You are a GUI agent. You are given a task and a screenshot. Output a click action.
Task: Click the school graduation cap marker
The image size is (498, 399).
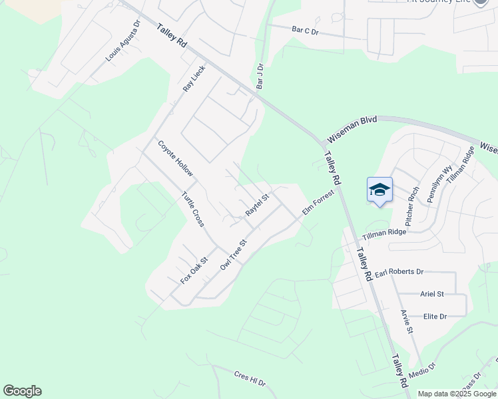coord(379,190)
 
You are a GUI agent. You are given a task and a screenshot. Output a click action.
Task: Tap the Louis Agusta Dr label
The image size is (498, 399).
coord(123,41)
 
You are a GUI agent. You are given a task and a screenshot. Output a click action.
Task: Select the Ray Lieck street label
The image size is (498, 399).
coord(194,80)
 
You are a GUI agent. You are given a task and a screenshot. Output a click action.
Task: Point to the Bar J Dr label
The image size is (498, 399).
coord(260,76)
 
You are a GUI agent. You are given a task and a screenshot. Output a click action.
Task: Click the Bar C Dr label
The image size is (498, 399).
coord(306,29)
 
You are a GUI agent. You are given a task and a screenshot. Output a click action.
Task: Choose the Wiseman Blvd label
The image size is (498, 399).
coord(351,130)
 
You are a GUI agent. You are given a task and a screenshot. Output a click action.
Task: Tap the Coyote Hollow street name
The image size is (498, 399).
coord(175,158)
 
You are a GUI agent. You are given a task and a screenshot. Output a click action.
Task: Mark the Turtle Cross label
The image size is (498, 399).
coord(192,209)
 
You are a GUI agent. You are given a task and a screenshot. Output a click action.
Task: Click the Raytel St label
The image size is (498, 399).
coord(256,204)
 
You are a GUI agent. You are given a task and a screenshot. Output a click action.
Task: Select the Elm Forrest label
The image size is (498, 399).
coord(317,204)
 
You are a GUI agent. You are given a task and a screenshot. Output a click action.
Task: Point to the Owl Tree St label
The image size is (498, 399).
coord(233,255)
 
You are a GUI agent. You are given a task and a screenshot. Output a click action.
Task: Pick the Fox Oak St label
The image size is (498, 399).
coord(194,271)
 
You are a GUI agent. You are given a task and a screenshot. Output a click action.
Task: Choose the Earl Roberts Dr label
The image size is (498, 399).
coord(399,272)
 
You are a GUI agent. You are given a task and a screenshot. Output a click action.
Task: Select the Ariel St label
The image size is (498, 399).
coord(431,293)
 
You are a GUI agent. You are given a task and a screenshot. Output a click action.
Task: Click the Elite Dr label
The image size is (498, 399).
coord(434,317)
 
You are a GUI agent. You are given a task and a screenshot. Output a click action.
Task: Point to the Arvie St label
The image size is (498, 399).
coord(407,321)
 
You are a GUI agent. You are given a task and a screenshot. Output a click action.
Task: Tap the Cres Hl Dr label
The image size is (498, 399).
coord(250,379)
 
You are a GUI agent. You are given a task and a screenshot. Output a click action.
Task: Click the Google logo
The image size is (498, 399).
coord(22,391)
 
